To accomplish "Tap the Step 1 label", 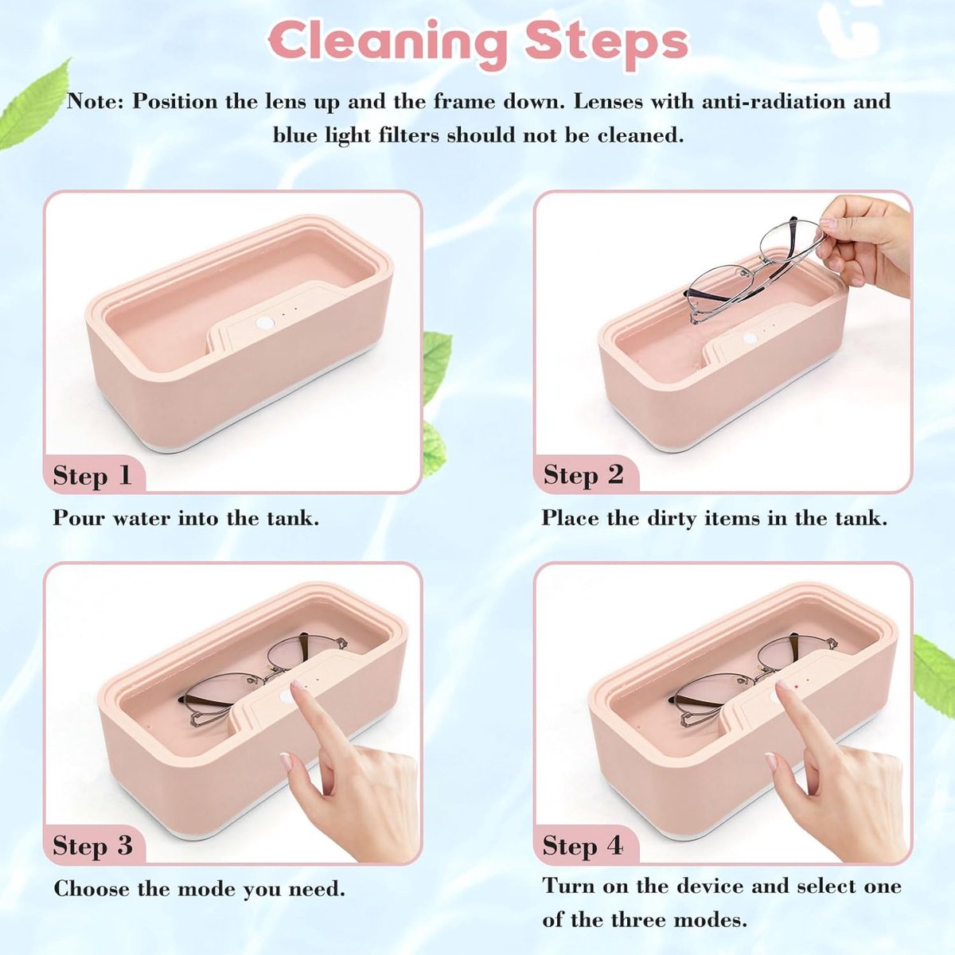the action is pos(92,476).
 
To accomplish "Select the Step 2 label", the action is pos(583,475).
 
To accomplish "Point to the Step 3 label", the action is pos(92,845).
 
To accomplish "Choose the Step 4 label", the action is pos(583,845).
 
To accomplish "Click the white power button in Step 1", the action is pos(265,323).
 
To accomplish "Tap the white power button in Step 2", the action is pos(750,339).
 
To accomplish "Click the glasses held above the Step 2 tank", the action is pos(756,270).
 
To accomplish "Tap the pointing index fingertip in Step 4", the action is pos(782,688).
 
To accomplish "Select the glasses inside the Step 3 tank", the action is pos(263,679).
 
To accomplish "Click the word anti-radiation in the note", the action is pos(768,102).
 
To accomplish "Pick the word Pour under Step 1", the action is pos(78,518).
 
